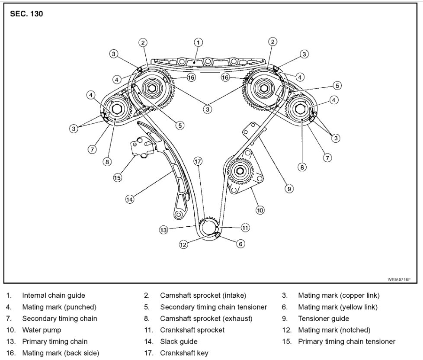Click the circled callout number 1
click(x=198, y=42)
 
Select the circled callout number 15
click(x=118, y=177)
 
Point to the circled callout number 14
click(x=129, y=199)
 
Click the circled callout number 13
click(x=163, y=230)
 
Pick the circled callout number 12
click(x=183, y=244)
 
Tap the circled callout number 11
click(x=245, y=228)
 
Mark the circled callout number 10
click(x=260, y=211)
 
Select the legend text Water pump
click(x=42, y=330)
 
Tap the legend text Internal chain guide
click(x=54, y=296)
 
